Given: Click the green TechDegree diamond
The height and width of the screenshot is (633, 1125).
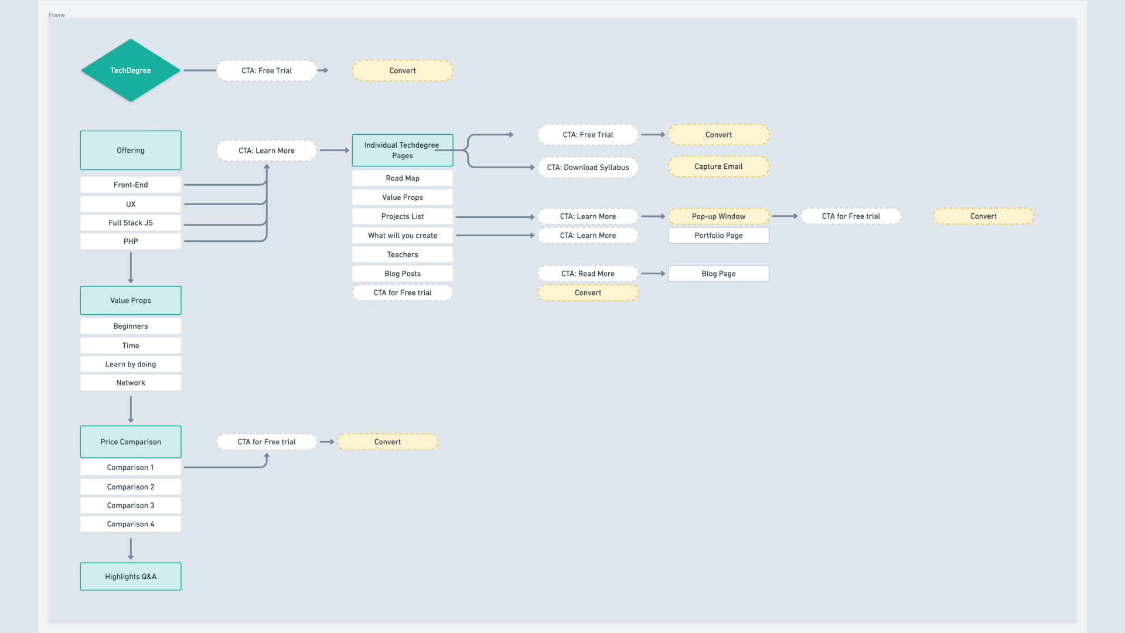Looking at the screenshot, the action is [131, 70].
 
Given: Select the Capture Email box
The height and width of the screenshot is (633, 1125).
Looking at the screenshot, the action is [718, 166].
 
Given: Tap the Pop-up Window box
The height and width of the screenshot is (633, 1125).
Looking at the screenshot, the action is [718, 216].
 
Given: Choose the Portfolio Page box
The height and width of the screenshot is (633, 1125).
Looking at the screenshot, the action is [718, 236].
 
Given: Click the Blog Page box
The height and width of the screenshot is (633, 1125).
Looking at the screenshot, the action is [718, 274].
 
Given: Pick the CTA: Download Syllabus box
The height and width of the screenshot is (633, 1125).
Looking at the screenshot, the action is [588, 167].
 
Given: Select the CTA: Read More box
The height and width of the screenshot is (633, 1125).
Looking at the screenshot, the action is [588, 274].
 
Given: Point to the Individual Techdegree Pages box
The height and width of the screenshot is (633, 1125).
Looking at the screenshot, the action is [403, 150].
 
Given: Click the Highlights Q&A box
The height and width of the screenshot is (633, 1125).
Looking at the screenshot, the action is [131, 577].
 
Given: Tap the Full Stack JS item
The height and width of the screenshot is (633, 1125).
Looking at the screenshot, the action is [131, 223].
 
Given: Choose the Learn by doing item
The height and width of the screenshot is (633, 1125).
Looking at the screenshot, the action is [131, 364].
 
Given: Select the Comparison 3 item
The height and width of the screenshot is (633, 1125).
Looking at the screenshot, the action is [131, 505].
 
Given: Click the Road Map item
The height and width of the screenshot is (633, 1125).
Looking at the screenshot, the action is [403, 178].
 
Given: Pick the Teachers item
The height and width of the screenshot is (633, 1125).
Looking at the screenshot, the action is [403, 254].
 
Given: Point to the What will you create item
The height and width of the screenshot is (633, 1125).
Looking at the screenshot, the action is [403, 236].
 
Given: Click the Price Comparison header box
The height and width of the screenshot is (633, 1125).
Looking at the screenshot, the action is [131, 442].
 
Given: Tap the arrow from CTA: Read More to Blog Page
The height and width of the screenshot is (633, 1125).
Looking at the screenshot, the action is [653, 274].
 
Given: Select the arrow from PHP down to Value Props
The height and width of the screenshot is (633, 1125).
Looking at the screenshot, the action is [131, 268].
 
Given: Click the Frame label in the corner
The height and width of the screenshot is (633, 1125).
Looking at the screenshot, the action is [57, 15].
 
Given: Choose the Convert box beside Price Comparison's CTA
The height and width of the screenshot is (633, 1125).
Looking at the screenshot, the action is [387, 442].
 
